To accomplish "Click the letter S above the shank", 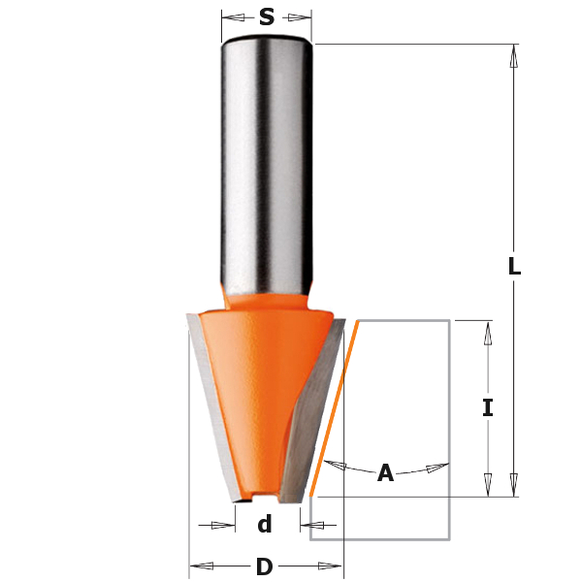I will click(x=267, y=16).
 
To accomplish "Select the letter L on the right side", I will click(x=514, y=267).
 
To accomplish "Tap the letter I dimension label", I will click(x=488, y=408).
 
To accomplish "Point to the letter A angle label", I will click(x=385, y=473).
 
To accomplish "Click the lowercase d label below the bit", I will click(x=264, y=526).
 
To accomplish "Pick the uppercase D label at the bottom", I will click(x=264, y=567).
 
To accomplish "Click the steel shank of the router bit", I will click(x=267, y=165).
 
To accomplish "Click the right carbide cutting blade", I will click(x=315, y=407).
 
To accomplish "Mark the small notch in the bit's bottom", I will click(x=257, y=497).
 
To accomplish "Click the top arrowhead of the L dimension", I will click(x=514, y=54).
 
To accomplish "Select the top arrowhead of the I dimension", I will click(x=488, y=331).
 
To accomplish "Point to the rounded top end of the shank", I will click(x=267, y=40).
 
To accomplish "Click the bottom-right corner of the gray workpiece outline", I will click(x=448, y=538).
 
